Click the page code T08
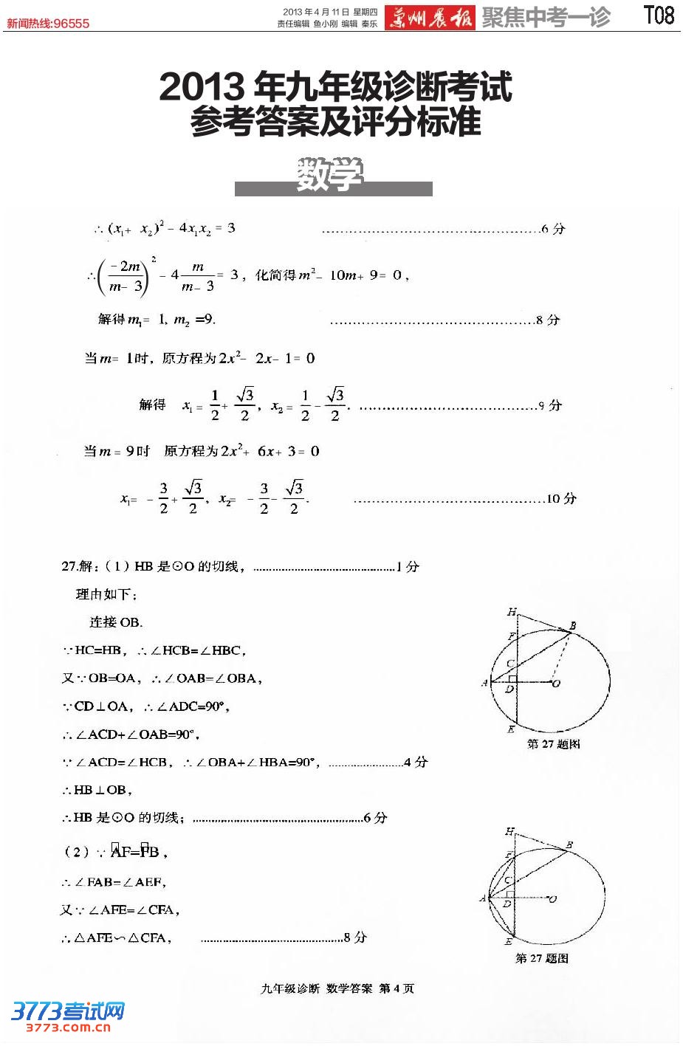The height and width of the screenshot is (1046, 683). click(659, 16)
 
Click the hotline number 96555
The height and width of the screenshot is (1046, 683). click(72, 24)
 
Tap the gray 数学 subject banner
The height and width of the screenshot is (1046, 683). click(332, 177)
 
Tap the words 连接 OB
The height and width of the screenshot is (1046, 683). click(116, 622)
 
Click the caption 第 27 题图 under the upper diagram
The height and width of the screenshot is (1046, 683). click(553, 744)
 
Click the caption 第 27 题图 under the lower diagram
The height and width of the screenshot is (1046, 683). click(541, 958)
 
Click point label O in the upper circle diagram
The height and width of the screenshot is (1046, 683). click(556, 684)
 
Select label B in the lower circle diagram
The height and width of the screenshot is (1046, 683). click(569, 844)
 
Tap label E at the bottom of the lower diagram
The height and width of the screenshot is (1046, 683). click(508, 943)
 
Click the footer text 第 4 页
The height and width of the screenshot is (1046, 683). click(397, 988)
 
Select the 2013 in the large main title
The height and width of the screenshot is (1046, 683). click(201, 88)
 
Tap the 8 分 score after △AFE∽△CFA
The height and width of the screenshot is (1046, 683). click(355, 937)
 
